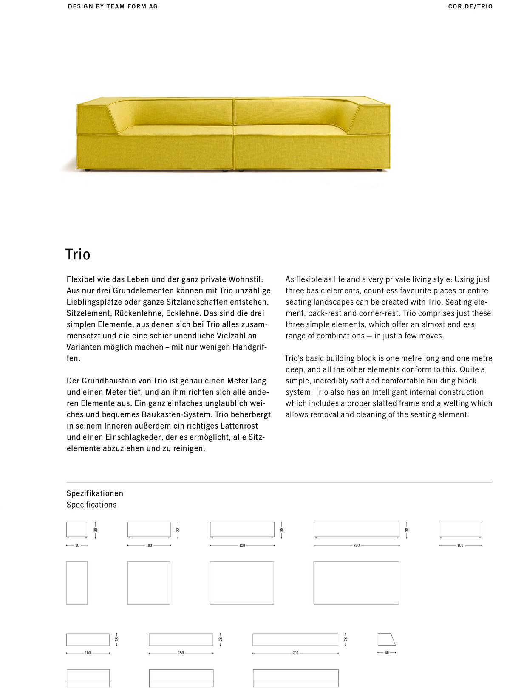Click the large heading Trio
click(78, 254)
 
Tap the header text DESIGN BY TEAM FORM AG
click(113, 6)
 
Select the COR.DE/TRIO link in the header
click(470, 6)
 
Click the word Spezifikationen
click(95, 493)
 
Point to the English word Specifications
click(91, 505)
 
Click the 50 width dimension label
click(77, 545)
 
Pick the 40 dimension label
click(387, 653)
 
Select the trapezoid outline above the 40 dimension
click(386, 639)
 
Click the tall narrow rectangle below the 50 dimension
click(77, 583)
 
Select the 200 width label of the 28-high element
click(295, 653)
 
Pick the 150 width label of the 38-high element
click(242, 545)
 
